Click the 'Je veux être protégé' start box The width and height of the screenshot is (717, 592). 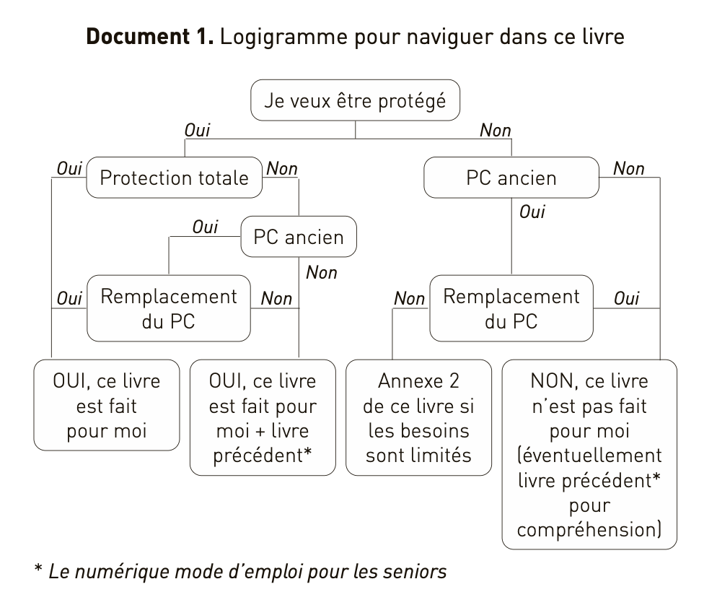[x=355, y=100]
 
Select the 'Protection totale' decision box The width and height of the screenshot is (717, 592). [x=173, y=177]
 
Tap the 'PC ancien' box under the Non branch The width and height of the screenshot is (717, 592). [x=511, y=177]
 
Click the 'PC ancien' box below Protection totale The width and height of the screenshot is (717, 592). [x=299, y=236]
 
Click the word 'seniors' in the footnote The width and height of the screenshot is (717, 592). [x=415, y=572]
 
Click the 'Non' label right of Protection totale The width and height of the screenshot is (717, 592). [x=281, y=168]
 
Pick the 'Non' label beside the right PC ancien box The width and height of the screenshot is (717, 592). [x=628, y=168]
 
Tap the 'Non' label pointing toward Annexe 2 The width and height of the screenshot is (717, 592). [x=409, y=298]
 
